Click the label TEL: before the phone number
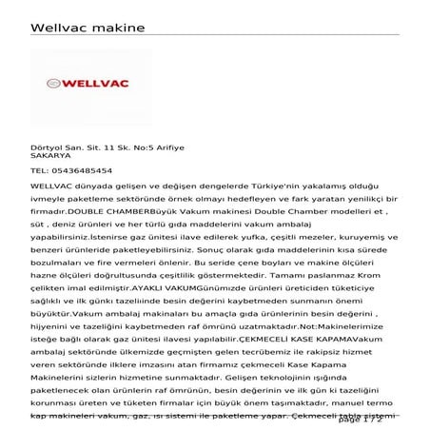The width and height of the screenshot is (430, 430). [39, 170]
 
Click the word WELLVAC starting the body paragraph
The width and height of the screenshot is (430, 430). [55, 186]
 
